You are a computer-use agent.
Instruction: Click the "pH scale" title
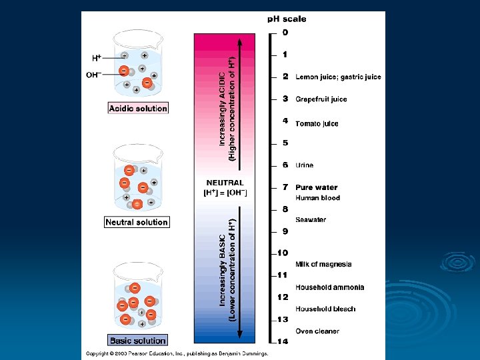[287, 19]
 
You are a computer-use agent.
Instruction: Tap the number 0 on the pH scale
[285, 33]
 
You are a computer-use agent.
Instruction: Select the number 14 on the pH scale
[283, 341]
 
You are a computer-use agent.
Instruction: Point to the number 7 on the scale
[285, 187]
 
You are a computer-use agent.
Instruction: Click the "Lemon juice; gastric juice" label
[338, 77]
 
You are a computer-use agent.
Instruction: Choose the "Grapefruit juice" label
[321, 99]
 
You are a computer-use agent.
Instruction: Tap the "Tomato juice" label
[317, 123]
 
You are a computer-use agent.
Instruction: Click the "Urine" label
[304, 165]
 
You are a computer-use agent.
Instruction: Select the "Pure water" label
[317, 187]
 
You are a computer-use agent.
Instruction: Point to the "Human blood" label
[317, 198]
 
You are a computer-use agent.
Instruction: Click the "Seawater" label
[311, 220]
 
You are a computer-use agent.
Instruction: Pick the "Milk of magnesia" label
[323, 265]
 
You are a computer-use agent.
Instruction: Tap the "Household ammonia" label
[330, 287]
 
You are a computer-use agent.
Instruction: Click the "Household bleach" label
[325, 309]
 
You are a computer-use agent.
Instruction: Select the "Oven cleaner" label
[317, 331]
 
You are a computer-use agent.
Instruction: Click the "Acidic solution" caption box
[138, 108]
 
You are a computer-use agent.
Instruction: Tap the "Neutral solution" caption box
[137, 222]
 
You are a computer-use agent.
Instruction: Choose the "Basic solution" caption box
[138, 341]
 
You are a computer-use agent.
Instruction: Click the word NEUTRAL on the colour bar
[225, 183]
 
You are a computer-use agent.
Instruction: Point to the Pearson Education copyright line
[177, 353]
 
